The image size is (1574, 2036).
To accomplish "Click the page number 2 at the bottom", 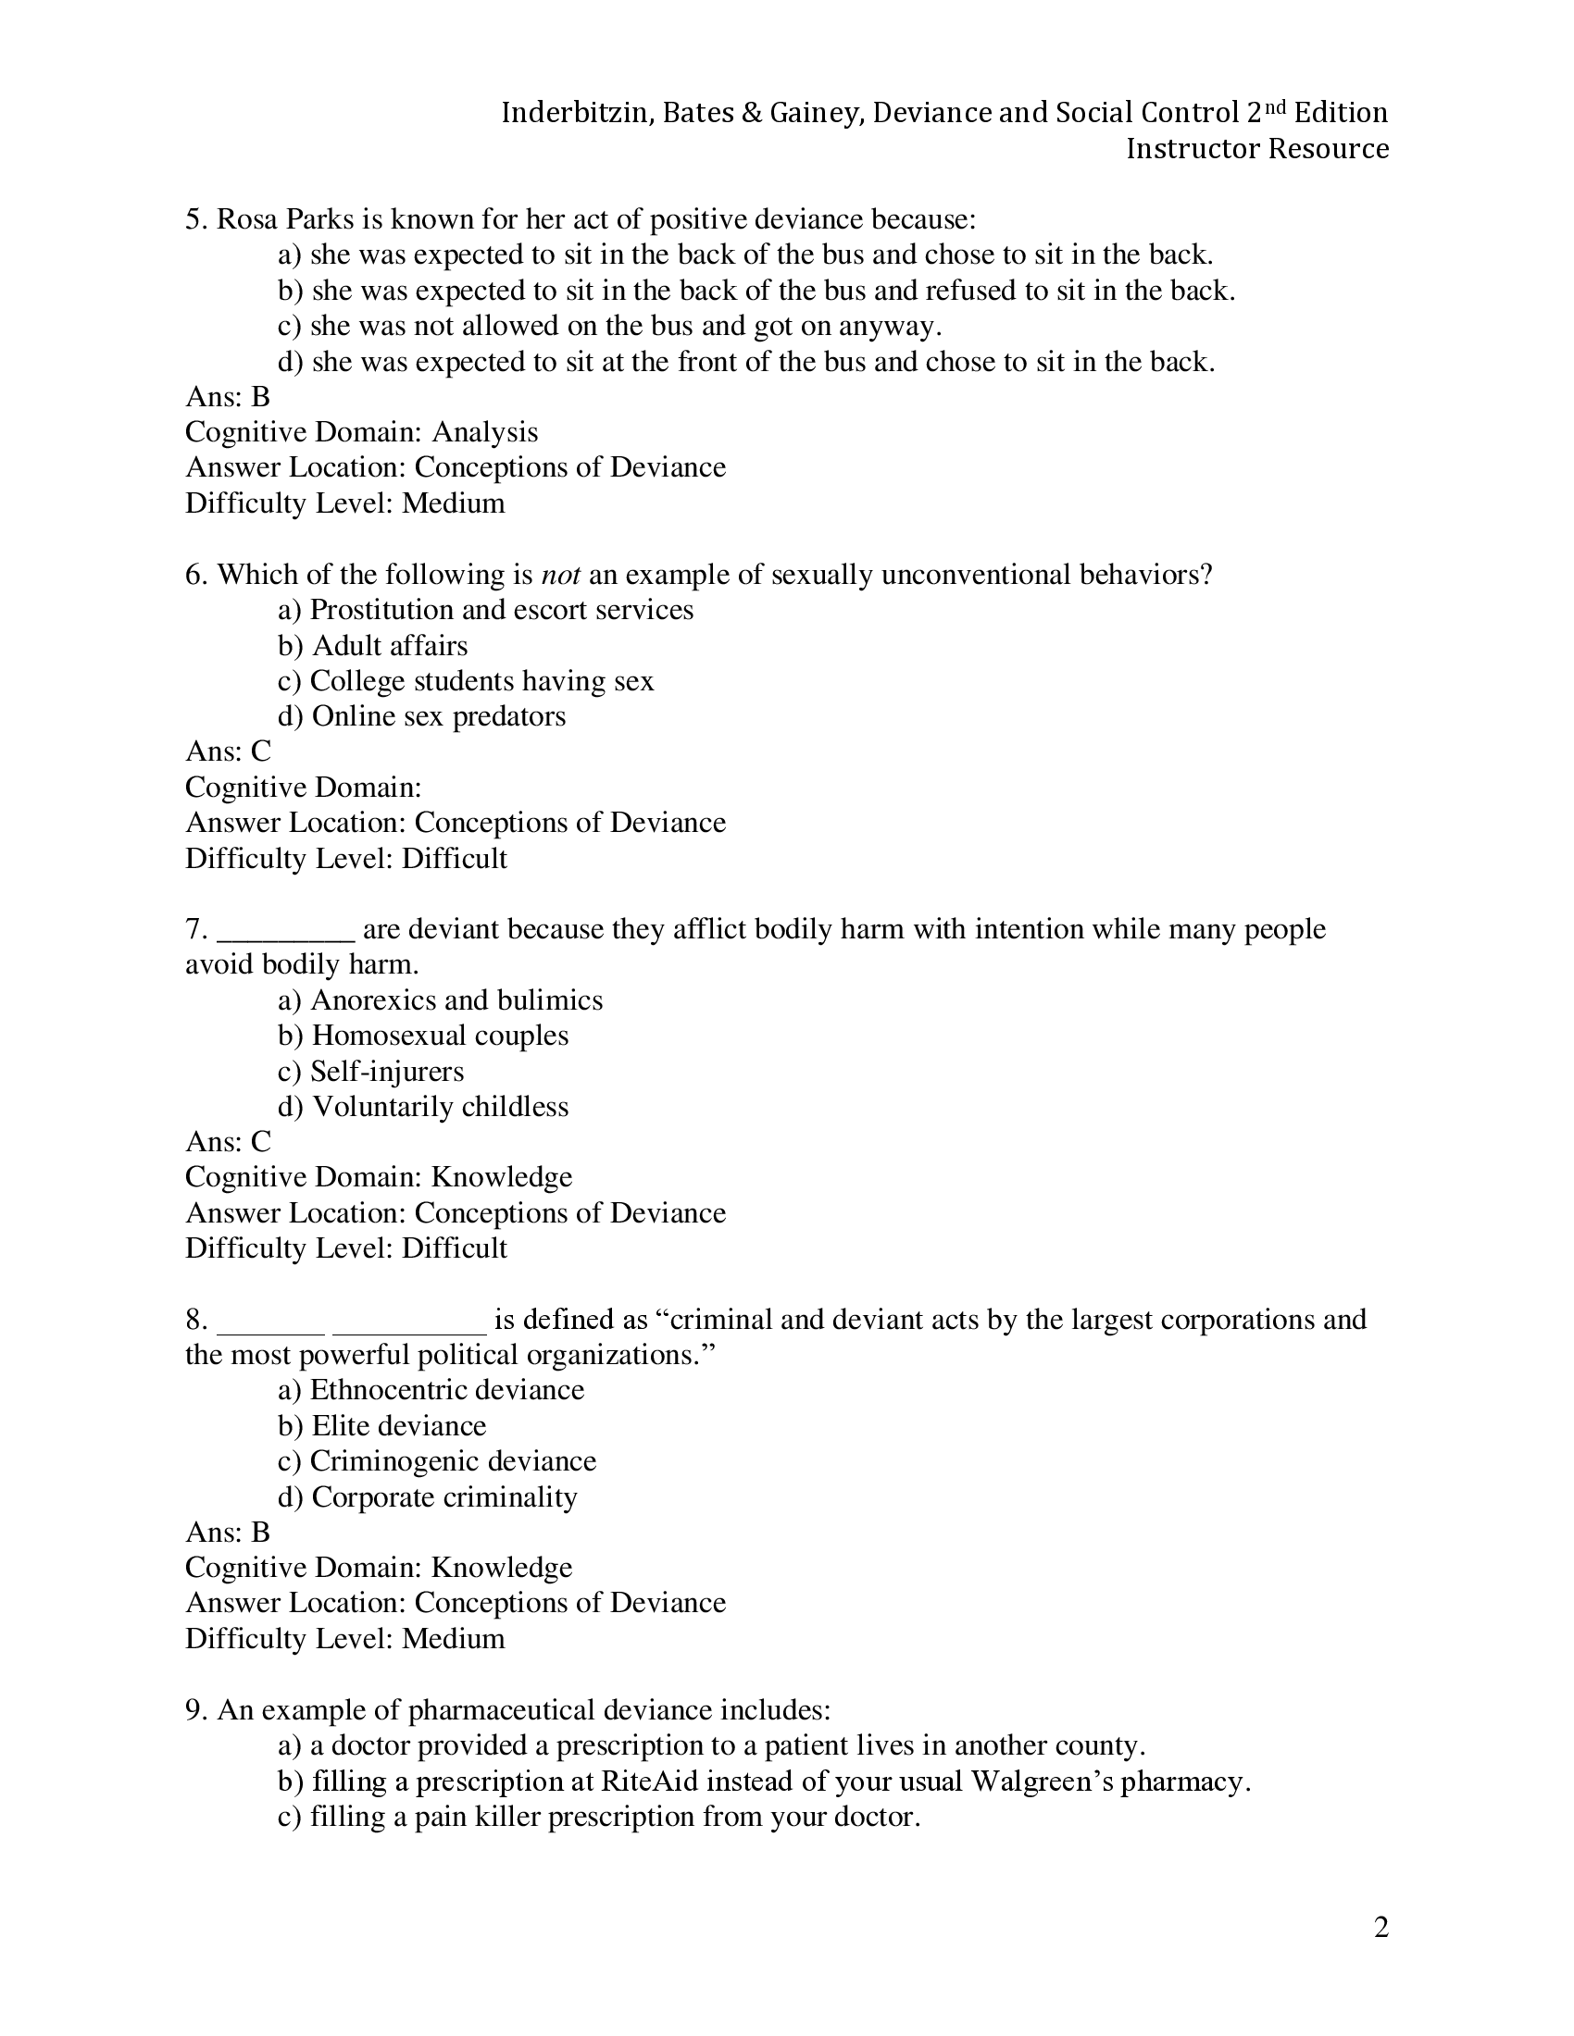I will [x=1381, y=1927].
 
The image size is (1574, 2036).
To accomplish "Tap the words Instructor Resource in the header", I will [x=1257, y=148].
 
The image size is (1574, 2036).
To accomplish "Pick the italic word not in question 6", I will [x=560, y=575].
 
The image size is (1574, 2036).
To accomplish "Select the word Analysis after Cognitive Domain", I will [x=485, y=431].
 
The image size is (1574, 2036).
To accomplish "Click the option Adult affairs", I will [x=389, y=645].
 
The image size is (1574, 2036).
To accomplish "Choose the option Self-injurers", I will [x=386, y=1071].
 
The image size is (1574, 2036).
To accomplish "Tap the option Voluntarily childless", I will [x=439, y=1107].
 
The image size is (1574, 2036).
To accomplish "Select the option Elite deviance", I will [x=398, y=1425].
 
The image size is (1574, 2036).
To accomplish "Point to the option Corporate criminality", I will [x=443, y=1496].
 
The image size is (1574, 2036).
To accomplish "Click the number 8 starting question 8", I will [x=194, y=1319].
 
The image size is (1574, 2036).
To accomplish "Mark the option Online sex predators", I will [x=438, y=716].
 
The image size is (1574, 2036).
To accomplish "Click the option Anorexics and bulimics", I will [x=456, y=1000].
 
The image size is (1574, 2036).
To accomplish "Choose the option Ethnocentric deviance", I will [x=446, y=1390].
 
